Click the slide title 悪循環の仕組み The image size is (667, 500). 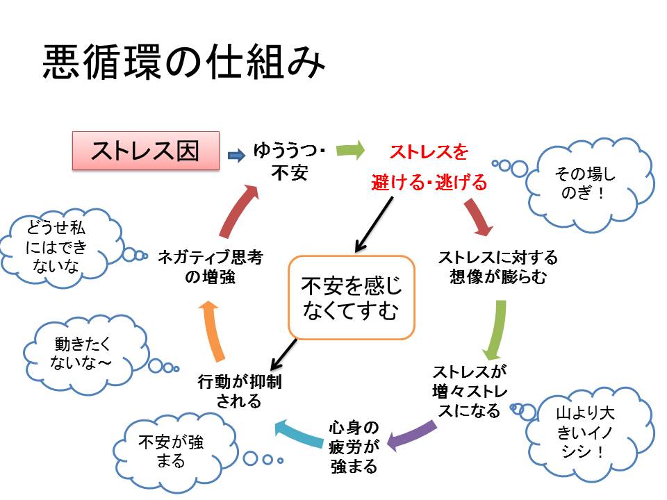tap(183, 65)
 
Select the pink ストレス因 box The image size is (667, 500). tap(146, 151)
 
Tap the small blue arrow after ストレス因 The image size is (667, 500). tap(236, 157)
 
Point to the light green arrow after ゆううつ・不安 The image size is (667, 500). tap(352, 150)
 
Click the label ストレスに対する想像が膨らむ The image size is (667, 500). tap(497, 267)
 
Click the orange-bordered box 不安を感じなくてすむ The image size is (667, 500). tap(352, 298)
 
